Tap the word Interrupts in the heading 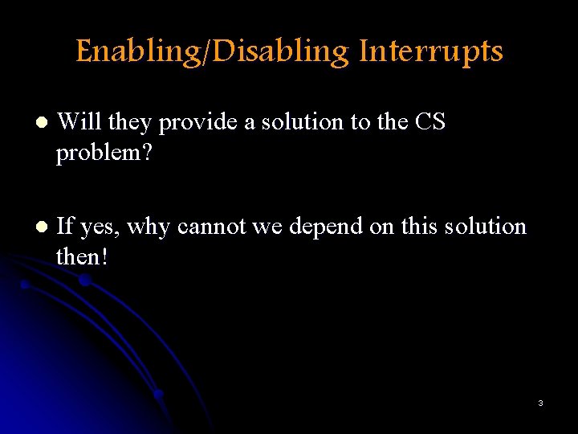click(431, 51)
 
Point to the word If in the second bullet click(66, 227)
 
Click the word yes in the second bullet click(100, 228)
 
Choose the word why click(149, 228)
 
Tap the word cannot click(211, 227)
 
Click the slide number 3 click(540, 403)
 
